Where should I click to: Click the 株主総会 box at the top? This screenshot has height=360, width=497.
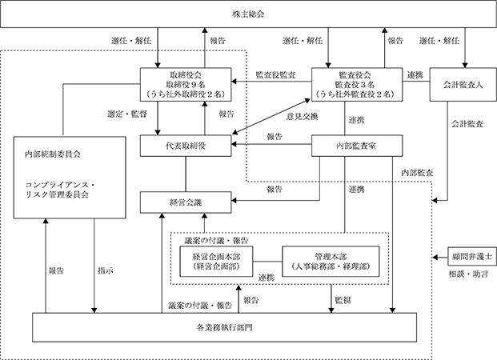[248, 14]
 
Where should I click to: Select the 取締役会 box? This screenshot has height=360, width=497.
[186, 84]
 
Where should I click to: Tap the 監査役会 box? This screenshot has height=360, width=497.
[357, 84]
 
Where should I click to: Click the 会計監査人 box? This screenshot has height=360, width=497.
[463, 84]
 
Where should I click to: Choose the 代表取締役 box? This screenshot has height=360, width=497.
[186, 146]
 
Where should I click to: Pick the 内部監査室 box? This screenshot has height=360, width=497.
[357, 146]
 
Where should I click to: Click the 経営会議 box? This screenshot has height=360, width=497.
[186, 202]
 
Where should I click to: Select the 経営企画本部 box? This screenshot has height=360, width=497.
[216, 262]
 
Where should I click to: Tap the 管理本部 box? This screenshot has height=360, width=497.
[331, 262]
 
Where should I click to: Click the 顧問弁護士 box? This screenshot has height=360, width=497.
[472, 256]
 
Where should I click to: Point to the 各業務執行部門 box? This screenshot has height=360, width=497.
[224, 327]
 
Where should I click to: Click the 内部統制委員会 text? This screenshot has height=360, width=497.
[53, 154]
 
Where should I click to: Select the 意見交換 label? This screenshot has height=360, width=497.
[302, 117]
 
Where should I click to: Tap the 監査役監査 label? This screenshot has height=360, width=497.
[276, 74]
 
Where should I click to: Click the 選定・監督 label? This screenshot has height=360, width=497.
[127, 114]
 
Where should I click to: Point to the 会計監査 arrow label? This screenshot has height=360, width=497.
[467, 124]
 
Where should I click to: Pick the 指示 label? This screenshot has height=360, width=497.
[106, 270]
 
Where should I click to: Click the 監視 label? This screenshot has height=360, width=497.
[343, 300]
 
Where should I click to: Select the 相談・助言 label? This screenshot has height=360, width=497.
[468, 274]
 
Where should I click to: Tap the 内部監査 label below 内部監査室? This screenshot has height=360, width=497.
[417, 173]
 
